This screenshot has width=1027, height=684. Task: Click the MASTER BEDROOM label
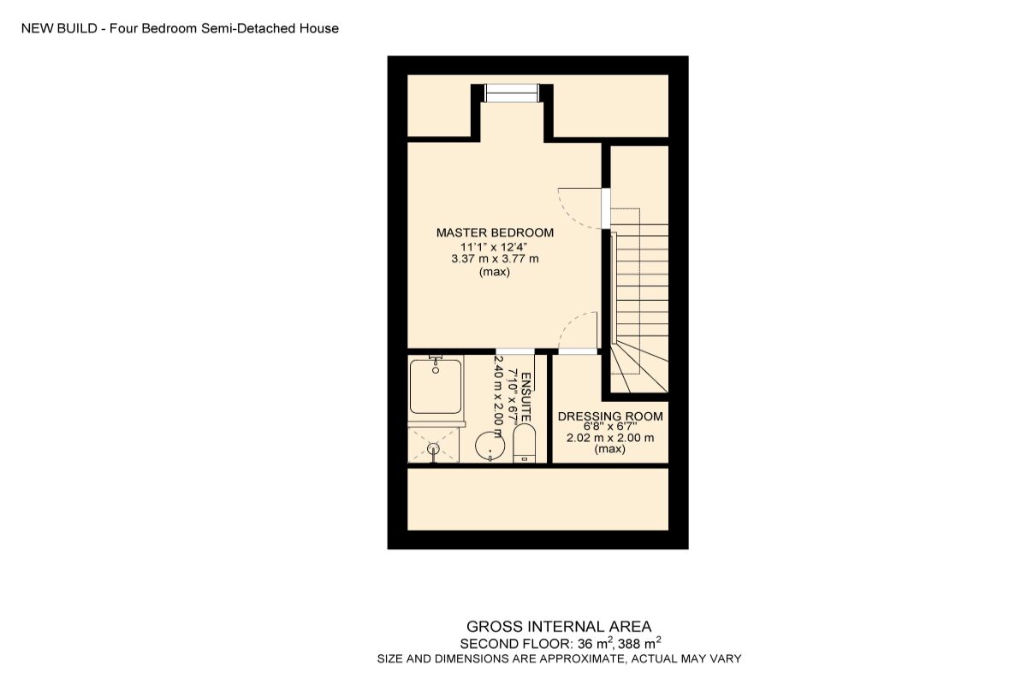click(x=495, y=233)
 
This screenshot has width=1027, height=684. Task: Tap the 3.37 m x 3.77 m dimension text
click(x=495, y=259)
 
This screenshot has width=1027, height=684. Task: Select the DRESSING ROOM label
click(x=610, y=416)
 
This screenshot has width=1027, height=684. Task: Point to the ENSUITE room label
click(x=526, y=395)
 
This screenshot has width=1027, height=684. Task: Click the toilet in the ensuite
click(x=524, y=445)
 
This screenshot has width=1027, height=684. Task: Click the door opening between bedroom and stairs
click(x=606, y=208)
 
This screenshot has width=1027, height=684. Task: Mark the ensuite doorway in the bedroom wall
click(x=515, y=351)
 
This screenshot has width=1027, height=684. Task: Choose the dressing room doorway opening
click(x=577, y=351)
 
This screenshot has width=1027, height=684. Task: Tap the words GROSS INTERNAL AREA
click(x=559, y=626)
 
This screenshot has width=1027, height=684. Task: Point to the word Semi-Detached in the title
click(x=259, y=28)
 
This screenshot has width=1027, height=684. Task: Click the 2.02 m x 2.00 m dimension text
click(x=610, y=438)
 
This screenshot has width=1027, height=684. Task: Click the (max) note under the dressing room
click(x=610, y=449)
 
